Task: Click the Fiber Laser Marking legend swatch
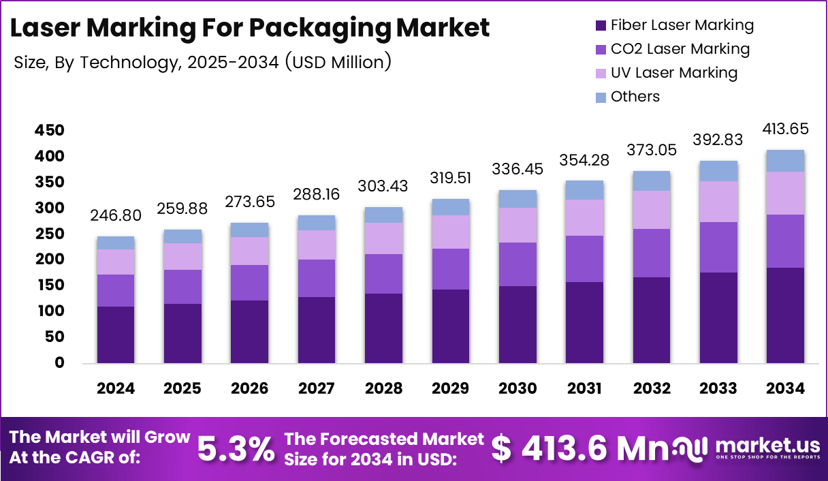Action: coord(600,26)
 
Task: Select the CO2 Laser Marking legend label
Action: coord(680,49)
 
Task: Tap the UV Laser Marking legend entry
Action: coord(673,73)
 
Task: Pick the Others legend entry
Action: coord(635,97)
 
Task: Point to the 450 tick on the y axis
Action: coord(49,130)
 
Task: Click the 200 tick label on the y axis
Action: coord(49,260)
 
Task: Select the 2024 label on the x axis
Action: coord(116,388)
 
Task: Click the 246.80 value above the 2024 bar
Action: coord(116,216)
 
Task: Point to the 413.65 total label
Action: coord(785,129)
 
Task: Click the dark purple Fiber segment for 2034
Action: coord(785,315)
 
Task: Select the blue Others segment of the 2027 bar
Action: coord(316,223)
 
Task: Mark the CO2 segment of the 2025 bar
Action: coord(182,287)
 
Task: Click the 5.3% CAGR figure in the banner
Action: coord(236,448)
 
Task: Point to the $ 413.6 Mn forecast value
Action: coord(575,448)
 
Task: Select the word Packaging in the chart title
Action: coord(322,29)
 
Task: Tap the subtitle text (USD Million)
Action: coord(338,62)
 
